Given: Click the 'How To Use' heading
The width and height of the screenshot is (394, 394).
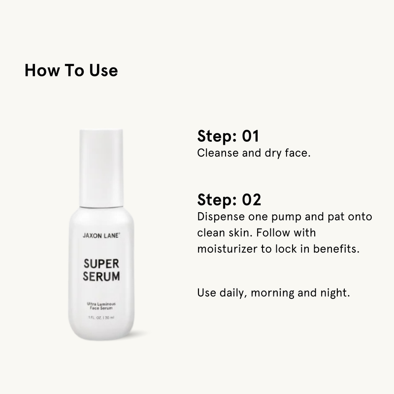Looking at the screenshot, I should coord(71,70).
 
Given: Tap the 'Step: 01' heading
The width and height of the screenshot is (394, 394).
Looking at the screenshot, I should coord(228,136).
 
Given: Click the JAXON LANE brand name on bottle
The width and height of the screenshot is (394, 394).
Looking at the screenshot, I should coord(101,236).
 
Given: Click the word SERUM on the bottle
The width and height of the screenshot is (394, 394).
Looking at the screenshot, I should coord(101,277).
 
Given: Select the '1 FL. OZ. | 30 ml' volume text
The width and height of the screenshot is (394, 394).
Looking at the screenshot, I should coord(101,318).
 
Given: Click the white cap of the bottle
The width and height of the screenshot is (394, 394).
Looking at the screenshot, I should coord(101,167).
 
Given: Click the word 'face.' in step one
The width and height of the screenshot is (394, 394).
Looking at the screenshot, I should coord(296,153).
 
